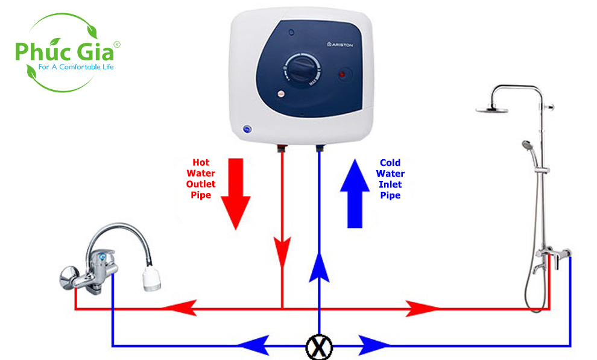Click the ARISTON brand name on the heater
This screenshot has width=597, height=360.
coord(341,44)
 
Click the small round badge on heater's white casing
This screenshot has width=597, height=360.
coord(247,128)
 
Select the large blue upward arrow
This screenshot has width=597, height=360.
coord(355,192)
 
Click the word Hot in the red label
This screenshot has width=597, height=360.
coord(201,162)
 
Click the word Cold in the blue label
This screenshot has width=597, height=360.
coord(390,162)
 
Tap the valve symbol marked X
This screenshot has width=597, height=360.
coord(318,346)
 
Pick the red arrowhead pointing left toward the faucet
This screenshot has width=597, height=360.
coord(177,309)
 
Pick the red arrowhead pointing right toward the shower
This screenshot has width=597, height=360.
coord(425,309)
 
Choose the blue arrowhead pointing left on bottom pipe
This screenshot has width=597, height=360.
coord(253,346)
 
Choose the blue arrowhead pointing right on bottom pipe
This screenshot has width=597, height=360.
coord(375,346)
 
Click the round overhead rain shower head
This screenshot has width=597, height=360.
coord(491,109)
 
